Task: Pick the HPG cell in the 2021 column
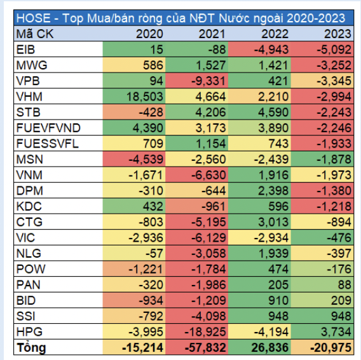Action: point(204,332)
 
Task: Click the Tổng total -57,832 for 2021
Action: point(204,348)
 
